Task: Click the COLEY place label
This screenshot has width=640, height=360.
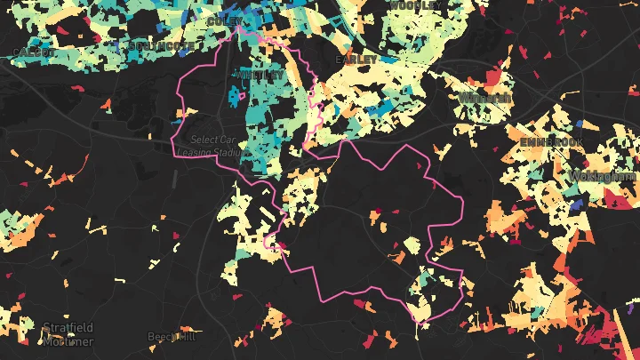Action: [224, 20]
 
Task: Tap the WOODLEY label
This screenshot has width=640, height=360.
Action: [415, 5]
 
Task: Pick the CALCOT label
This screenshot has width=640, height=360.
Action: [35, 52]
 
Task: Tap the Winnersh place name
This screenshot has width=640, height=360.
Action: [484, 97]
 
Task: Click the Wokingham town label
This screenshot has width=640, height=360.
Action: [605, 177]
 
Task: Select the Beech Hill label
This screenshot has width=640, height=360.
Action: [171, 337]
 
